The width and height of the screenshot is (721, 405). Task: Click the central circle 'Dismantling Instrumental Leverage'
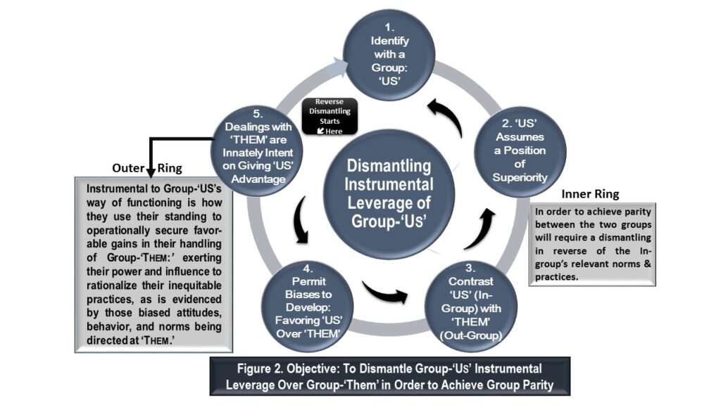pyautogui.click(x=389, y=194)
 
